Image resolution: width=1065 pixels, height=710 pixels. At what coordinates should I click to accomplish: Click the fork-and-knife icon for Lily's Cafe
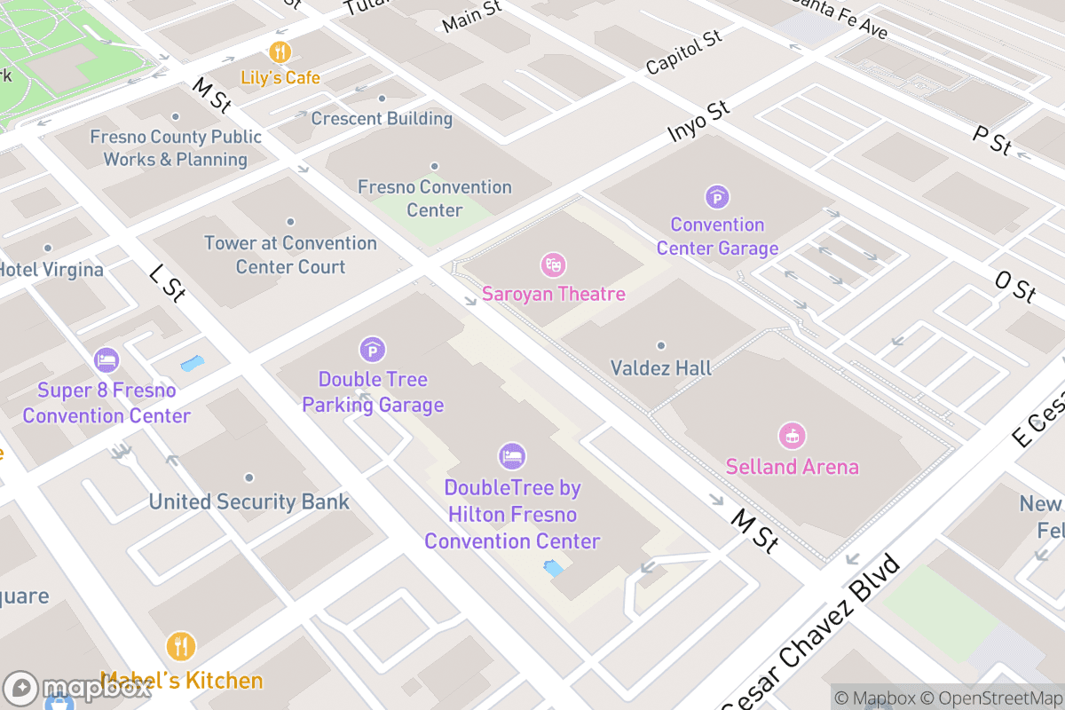(280, 51)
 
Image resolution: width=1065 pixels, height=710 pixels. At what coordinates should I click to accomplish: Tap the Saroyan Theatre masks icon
(554, 264)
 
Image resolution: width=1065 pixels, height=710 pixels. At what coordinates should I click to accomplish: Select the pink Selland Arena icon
(792, 436)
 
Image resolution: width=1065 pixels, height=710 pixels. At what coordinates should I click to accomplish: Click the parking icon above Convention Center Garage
(717, 197)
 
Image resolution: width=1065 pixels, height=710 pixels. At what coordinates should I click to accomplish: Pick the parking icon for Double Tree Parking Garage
(373, 350)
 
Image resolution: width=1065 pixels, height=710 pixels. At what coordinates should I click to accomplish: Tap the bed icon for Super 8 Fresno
(106, 360)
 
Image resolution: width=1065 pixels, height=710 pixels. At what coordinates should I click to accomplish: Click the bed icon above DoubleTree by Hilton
(512, 457)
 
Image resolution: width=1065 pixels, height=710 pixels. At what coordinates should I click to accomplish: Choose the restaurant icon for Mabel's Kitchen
(181, 646)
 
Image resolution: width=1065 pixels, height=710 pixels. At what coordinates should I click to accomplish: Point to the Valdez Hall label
(661, 367)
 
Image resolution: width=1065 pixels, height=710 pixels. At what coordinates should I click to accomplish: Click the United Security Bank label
(248, 501)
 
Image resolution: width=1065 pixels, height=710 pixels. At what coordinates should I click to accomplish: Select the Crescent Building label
(382, 118)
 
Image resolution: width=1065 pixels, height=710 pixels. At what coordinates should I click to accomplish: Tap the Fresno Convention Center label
(435, 198)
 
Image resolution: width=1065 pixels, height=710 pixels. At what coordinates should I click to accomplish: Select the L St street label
(166, 283)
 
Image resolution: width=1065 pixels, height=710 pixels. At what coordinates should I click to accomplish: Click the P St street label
(991, 140)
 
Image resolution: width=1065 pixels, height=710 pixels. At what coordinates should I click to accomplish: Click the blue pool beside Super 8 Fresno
(192, 363)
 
